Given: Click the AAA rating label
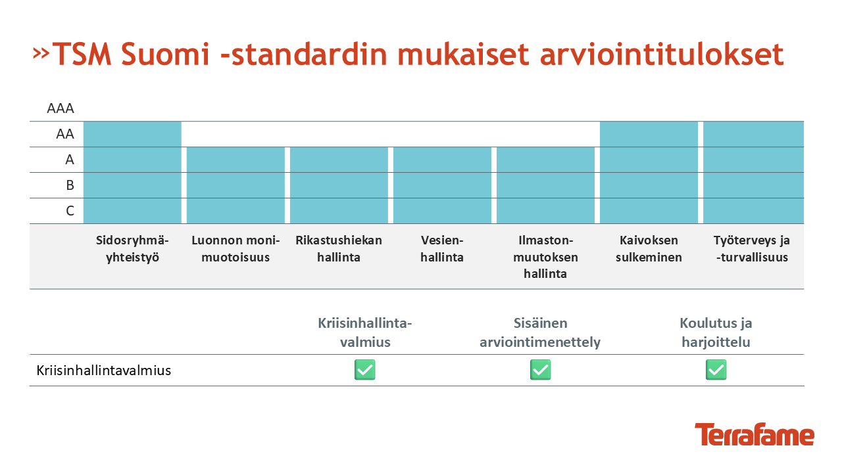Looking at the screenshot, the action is coord(61,108).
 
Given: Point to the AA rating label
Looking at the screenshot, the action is coord(65,134).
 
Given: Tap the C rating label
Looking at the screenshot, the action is coord(70,211).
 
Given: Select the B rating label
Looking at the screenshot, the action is coord(70,185).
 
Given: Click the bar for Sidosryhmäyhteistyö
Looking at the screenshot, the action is coord(132,172).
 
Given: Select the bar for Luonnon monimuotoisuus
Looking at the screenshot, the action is coord(235,185).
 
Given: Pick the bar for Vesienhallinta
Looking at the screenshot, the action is coord(442,185).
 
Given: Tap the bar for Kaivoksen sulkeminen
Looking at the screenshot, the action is coord(649,172).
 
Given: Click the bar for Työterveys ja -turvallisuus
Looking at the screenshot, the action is coord(753,172).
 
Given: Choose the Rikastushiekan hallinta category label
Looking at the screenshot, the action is coord(339,248).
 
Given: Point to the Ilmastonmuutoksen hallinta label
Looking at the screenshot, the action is coord(545,257).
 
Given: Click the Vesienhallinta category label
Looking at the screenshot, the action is coord(442,248).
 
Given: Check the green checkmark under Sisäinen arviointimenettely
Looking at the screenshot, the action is coord(541,370).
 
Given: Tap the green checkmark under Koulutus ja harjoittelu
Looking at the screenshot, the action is coord(716,370).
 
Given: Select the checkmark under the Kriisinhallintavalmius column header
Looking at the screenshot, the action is coord(365,370).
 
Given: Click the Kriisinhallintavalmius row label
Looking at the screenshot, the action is coord(104,371).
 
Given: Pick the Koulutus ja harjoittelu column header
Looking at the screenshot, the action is coord(716,332).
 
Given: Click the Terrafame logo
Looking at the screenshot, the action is coord(755,434).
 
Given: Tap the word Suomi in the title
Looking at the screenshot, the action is coord(165,55).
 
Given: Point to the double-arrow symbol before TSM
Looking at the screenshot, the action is coord(41,53).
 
